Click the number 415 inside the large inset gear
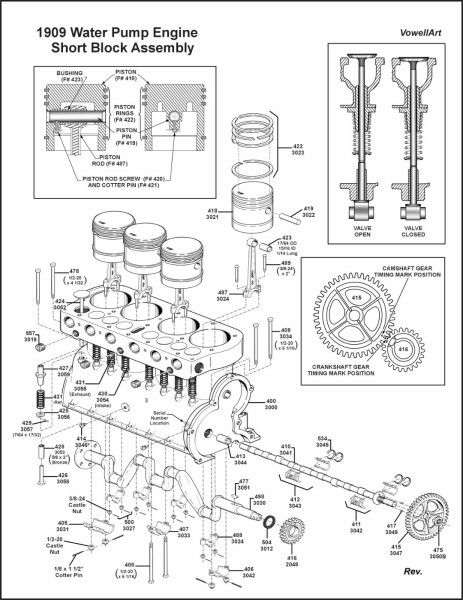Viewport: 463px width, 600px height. tap(357, 298)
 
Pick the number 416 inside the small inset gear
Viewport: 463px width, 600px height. tap(402, 349)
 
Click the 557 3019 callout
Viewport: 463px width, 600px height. tap(31, 337)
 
